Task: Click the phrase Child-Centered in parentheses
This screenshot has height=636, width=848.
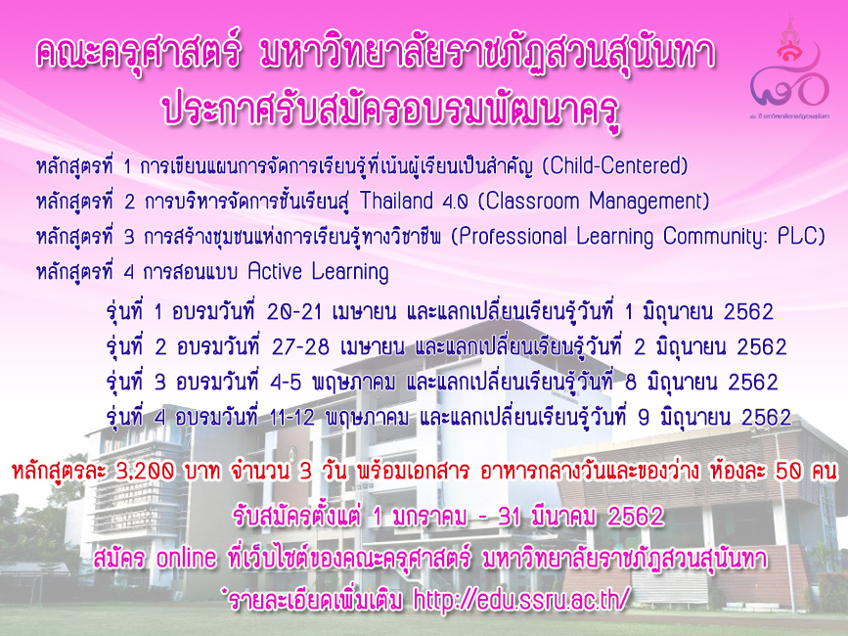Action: click(615, 166)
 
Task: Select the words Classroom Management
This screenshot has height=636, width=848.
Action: click(594, 202)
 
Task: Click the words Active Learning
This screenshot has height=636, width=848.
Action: click(319, 272)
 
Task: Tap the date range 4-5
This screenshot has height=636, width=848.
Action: click(286, 383)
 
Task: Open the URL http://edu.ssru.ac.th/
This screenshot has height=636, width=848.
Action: click(522, 599)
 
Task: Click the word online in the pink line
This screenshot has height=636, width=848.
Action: click(186, 558)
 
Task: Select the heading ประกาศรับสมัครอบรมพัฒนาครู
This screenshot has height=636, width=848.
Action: click(391, 109)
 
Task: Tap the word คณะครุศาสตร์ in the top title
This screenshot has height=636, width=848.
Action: click(137, 55)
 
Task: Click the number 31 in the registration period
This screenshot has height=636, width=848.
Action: click(510, 517)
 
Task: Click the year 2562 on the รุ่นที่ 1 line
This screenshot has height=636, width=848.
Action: click(748, 312)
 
